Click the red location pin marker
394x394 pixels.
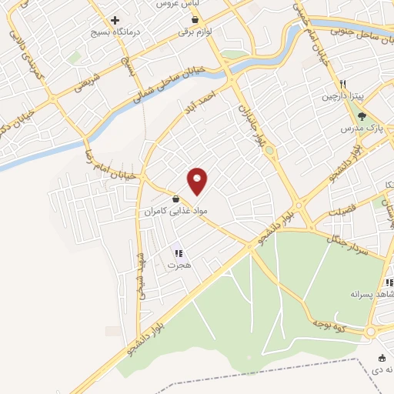198,181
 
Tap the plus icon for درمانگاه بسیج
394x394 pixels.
115,20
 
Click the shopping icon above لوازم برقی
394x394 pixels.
189,20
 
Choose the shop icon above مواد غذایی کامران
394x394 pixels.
177,199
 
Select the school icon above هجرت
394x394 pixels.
178,252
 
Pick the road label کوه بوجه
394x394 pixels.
332,319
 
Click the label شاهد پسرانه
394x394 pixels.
372,295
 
